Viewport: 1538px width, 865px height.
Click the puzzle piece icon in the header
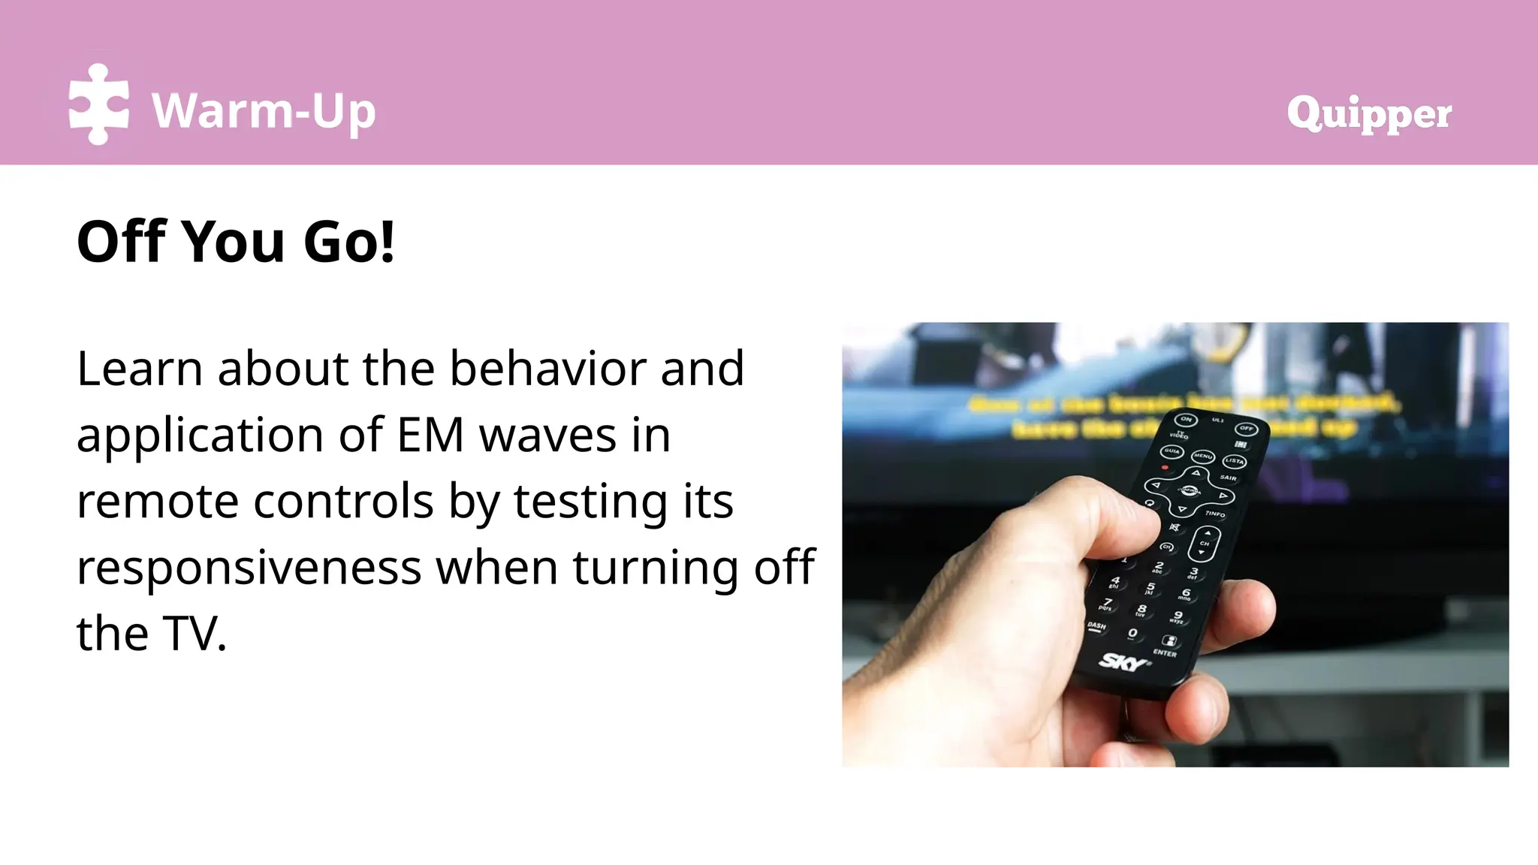(x=98, y=104)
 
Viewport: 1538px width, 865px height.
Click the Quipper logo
(x=1369, y=114)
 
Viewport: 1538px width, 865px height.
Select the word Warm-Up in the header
(x=264, y=111)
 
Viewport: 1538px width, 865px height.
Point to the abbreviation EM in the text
(x=430, y=435)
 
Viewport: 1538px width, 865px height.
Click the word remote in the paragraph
(x=158, y=501)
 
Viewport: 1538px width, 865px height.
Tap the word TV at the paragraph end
(x=194, y=633)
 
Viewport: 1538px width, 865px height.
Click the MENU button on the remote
(x=1203, y=456)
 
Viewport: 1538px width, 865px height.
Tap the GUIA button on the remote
(x=1172, y=451)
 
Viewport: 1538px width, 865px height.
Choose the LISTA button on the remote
(x=1234, y=461)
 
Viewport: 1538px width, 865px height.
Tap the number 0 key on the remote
(x=1132, y=634)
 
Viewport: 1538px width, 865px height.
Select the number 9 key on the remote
(x=1178, y=616)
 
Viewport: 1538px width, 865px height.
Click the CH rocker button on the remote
(x=1205, y=543)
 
